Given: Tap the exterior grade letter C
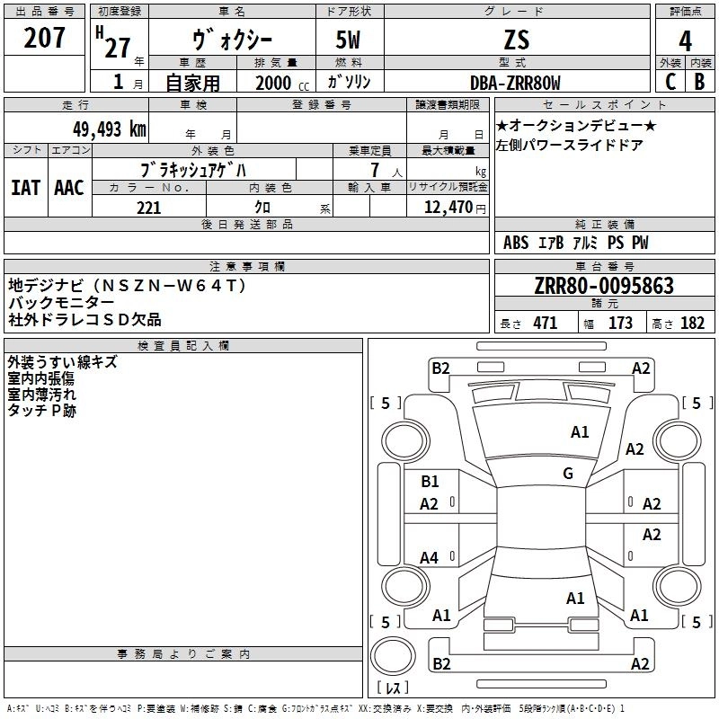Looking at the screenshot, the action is [670, 81].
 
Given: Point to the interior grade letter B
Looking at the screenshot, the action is [699, 81].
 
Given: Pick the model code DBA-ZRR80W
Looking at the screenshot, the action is [515, 83].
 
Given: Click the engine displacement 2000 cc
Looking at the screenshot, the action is [272, 83].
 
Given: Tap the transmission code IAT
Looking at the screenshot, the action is [24, 188].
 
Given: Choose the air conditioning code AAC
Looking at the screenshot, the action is [68, 188].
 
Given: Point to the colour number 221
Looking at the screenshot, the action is [148, 208].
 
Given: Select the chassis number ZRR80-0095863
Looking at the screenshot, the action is [604, 287].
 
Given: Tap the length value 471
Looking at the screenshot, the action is [545, 324].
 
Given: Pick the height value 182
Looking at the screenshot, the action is [693, 324].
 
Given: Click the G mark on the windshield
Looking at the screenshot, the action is [568, 474].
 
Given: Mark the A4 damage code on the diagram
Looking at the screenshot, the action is [430, 558].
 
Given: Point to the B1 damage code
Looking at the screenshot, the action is [431, 483].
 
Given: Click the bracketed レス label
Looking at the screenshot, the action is [393, 689].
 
